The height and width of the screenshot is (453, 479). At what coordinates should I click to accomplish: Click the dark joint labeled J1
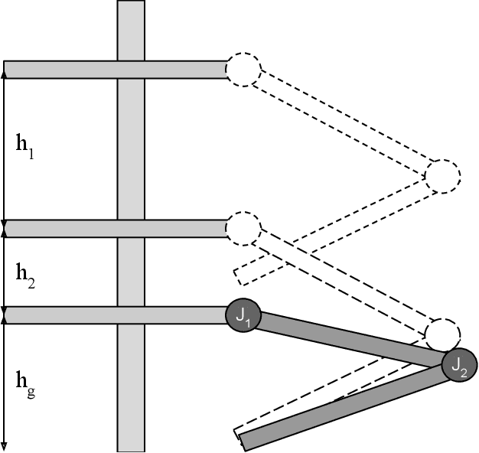point(243,314)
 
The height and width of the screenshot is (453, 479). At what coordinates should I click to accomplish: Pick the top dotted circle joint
point(243,70)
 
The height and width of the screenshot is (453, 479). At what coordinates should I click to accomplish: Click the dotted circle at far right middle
point(442,177)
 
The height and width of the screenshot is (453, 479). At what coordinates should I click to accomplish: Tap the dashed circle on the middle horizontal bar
point(243,228)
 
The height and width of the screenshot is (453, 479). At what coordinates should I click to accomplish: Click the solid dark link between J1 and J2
point(348,340)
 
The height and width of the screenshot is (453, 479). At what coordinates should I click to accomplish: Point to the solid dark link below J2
point(344,406)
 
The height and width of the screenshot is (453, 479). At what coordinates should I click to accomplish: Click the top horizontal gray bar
point(115,70)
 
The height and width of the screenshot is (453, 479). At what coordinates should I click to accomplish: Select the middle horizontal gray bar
point(115,228)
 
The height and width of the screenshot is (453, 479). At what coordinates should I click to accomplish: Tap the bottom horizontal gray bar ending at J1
point(115,314)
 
